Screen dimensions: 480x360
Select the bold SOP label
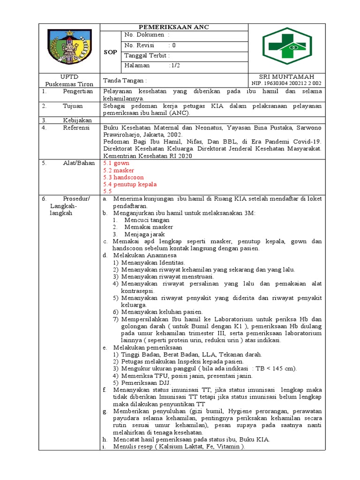(x=111, y=52)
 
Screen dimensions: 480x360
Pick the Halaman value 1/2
(x=174, y=66)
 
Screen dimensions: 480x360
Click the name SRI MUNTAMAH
(x=286, y=77)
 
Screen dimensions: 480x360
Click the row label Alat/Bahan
(x=78, y=163)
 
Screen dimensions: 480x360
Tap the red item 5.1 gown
(x=116, y=163)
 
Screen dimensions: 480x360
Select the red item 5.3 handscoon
(x=123, y=177)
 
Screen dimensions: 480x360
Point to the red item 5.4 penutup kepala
(x=130, y=184)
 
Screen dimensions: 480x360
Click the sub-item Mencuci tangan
(x=147, y=220)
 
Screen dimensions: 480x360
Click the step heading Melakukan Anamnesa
(x=145, y=255)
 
